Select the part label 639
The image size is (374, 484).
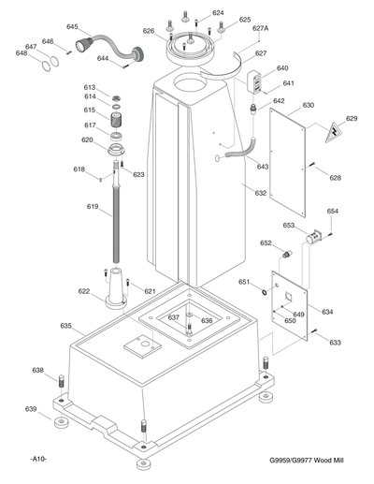[x=31, y=409]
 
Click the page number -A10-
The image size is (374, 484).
[x=38, y=459]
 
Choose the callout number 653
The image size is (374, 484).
[x=289, y=226]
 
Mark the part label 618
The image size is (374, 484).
[x=79, y=169]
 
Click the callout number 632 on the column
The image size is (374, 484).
[x=260, y=193]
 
